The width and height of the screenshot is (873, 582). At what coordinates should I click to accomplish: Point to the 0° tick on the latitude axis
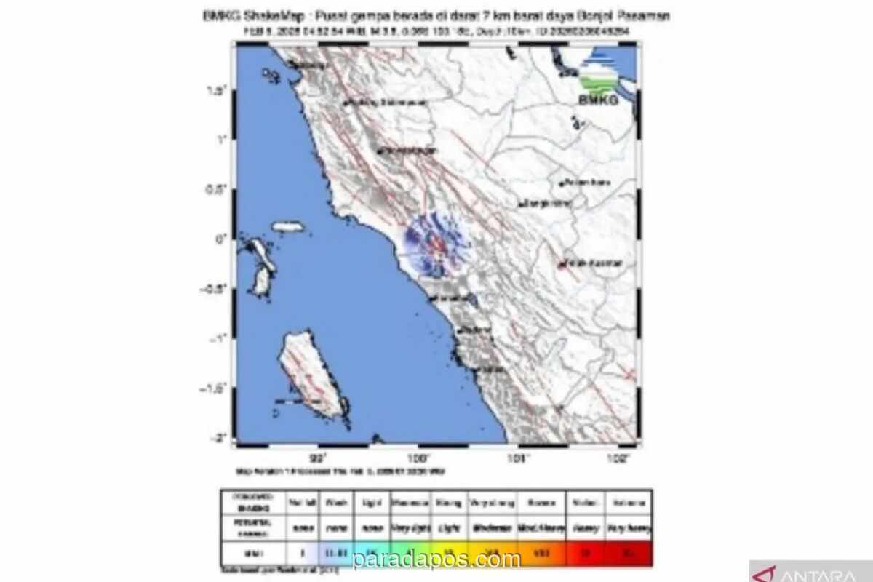coord(220,238)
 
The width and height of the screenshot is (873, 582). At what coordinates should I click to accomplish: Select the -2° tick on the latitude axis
coord(219,437)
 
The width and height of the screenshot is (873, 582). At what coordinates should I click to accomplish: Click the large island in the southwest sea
coord(309,375)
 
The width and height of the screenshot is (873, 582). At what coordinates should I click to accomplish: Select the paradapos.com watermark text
coord(436,559)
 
